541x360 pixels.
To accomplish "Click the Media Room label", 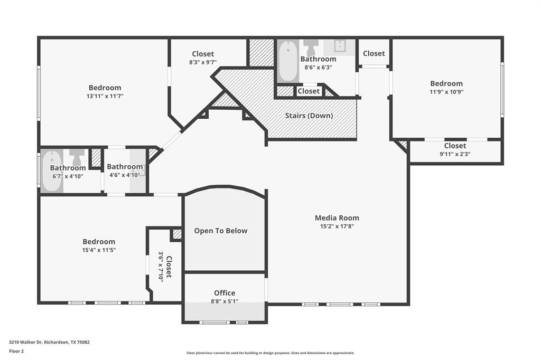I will (337, 217).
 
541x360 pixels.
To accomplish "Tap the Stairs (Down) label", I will (309, 116).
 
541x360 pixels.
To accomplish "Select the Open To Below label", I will (220, 231).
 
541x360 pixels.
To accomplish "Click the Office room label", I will (225, 293).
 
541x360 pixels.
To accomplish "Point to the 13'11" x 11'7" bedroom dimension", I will (105, 96).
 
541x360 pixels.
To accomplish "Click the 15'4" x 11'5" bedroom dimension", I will (99, 250).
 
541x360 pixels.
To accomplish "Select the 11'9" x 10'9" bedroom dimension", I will (446, 92).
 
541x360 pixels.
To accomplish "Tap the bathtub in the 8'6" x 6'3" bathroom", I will (288, 61).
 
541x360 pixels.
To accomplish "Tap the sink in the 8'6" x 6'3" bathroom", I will (341, 45).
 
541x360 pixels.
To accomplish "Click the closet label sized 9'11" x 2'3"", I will (455, 146).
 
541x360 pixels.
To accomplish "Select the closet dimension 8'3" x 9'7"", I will (203, 62).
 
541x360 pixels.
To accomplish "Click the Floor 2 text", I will (16, 350).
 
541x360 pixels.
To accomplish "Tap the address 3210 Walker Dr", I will (49, 342).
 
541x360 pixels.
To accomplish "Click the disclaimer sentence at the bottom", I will (270, 353).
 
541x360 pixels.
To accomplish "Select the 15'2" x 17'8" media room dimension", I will (337, 226).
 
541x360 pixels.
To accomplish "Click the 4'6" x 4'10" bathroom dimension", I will (125, 175).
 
